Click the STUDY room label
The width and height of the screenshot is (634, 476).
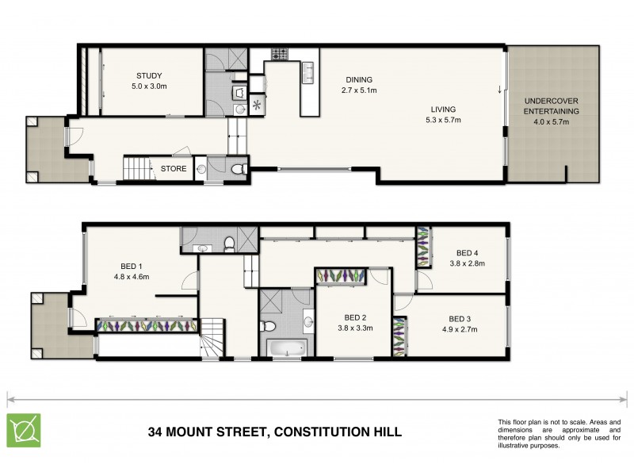149,76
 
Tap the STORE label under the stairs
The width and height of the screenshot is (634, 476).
174,169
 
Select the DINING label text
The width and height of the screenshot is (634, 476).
358,79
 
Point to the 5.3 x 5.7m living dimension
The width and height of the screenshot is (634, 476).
442,121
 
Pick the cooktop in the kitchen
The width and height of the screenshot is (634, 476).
279,55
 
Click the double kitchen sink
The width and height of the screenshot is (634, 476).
308,72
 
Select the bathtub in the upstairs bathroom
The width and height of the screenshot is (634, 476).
285,347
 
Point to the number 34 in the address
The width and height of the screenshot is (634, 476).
157,432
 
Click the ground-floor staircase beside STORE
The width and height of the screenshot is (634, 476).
136,168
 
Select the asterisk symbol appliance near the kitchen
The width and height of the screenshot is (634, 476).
257,104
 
